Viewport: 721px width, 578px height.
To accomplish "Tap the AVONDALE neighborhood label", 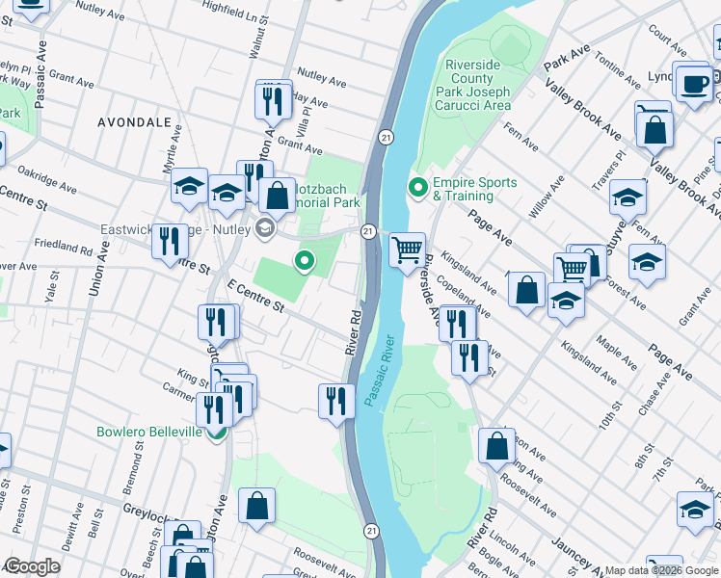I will [x=135, y=122].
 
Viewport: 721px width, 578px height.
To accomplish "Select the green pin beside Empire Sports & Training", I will [x=418, y=187].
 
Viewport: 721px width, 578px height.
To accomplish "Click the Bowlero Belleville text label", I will [x=149, y=432].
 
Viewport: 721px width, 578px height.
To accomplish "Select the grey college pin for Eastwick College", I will [x=266, y=229].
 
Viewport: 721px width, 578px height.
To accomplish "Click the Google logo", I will [x=33, y=566].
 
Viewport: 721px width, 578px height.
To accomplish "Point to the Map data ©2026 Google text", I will [x=661, y=570].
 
